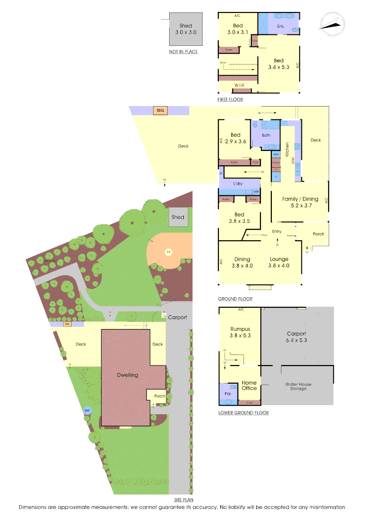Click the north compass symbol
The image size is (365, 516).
point(332,23)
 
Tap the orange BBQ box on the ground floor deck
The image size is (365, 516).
point(160,110)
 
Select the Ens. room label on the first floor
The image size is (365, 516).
point(281,26)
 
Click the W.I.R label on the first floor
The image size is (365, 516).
point(239,85)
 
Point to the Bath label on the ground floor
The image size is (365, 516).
point(267,135)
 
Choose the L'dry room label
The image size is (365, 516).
point(239,183)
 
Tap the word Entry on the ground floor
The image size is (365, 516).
point(277,232)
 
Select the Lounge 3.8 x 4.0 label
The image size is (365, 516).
point(279,262)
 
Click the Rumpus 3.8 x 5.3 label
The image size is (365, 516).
point(240,332)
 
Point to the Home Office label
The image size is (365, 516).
point(249,385)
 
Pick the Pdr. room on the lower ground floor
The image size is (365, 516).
point(227,394)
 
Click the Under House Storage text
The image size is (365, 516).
point(296,386)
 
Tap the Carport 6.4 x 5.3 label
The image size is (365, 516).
point(296,337)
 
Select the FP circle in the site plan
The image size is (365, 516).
point(168,252)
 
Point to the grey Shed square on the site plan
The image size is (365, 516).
point(178,217)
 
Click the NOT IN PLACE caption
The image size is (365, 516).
point(183,52)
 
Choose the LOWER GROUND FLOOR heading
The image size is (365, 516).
point(243,413)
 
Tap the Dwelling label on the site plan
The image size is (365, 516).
point(128,375)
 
